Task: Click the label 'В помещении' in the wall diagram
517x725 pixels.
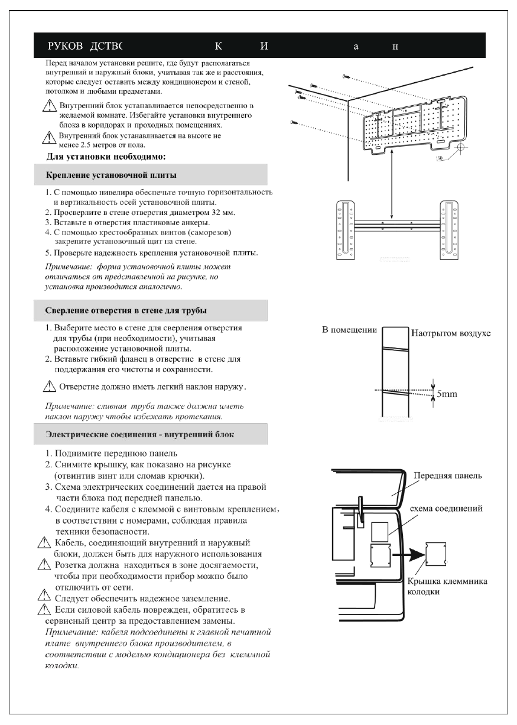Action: pos(349,330)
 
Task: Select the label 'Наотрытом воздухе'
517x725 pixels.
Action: pos(450,333)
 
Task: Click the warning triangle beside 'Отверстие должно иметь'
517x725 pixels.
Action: pos(51,388)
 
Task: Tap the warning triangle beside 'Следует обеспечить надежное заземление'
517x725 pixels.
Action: pos(42,598)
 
